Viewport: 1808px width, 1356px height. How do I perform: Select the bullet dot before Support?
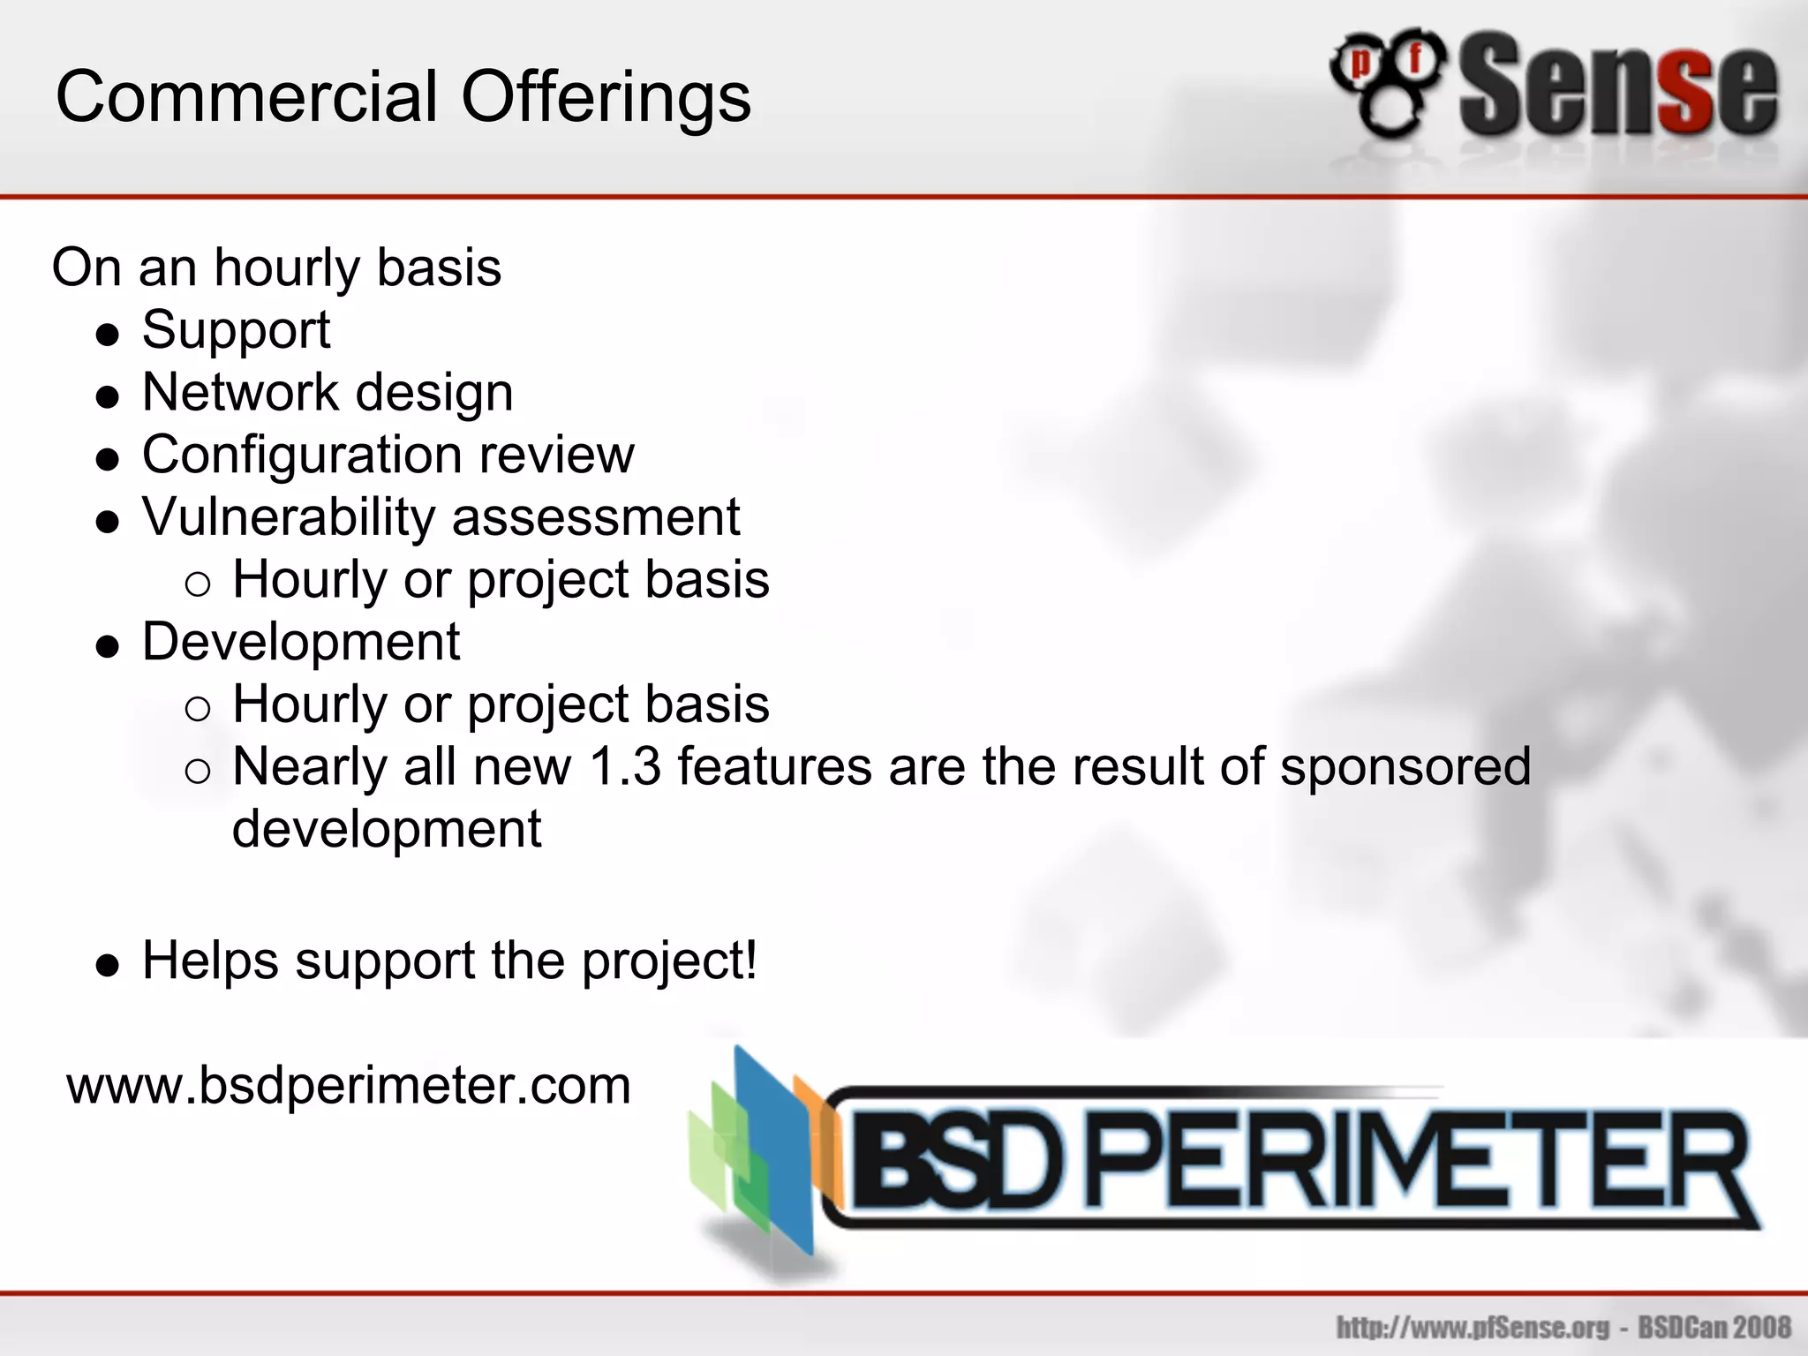pos(108,335)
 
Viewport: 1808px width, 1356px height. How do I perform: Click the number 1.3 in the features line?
pos(624,766)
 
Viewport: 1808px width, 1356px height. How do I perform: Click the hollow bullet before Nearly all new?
pos(198,772)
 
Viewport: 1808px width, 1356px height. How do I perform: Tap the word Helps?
pos(210,960)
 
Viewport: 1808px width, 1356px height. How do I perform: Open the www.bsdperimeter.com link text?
pos(349,1086)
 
